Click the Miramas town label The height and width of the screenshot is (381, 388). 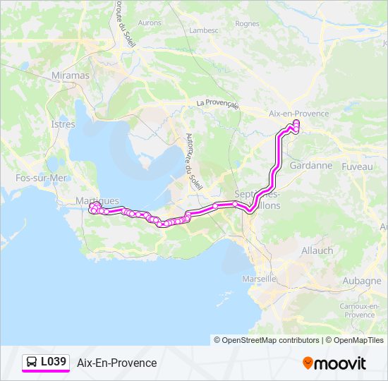[x=71, y=75]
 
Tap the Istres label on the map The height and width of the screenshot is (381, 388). [x=63, y=124]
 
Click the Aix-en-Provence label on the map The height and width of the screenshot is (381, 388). [x=299, y=114]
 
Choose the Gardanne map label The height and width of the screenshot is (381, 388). [x=310, y=165]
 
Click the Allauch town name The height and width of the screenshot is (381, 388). [x=317, y=250]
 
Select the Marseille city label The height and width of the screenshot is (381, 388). [x=259, y=279]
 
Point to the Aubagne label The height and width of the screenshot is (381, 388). [x=361, y=281]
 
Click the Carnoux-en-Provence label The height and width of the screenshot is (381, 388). [x=357, y=310]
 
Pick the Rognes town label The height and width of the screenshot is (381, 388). [x=247, y=23]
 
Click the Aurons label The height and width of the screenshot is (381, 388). [x=150, y=23]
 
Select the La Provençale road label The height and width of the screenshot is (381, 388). [x=218, y=103]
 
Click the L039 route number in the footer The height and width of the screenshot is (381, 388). [x=54, y=362]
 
